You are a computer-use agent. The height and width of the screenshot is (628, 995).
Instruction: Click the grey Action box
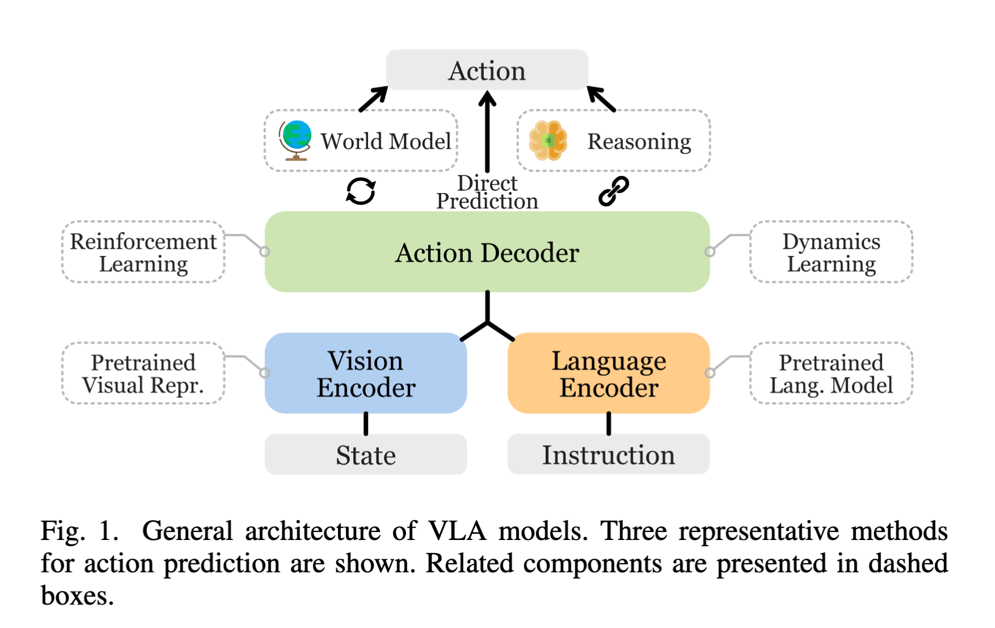pyautogui.click(x=487, y=70)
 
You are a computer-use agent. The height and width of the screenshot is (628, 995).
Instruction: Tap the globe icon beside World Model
pyautogui.click(x=295, y=140)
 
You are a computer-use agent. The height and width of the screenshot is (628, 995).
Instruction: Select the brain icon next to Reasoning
pyautogui.click(x=547, y=140)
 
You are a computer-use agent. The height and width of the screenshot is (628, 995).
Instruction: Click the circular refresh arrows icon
pyautogui.click(x=361, y=191)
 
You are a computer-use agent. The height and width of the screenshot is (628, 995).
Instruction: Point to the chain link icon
pyautogui.click(x=614, y=191)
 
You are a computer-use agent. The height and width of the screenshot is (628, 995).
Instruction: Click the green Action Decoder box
pyautogui.click(x=487, y=252)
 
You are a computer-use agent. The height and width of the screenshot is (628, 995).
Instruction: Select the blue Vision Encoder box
pyautogui.click(x=366, y=373)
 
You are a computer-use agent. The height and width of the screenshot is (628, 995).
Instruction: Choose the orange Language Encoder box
pyautogui.click(x=609, y=373)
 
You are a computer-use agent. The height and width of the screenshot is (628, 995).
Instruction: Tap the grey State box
pyautogui.click(x=366, y=454)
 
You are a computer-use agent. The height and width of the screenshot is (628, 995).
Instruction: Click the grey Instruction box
pyautogui.click(x=609, y=454)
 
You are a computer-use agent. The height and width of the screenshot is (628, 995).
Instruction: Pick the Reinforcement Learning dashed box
pyautogui.click(x=143, y=252)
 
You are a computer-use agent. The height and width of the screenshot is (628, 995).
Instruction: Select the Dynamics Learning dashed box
pyautogui.click(x=831, y=252)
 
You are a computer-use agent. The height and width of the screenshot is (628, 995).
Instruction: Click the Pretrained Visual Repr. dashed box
pyautogui.click(x=143, y=373)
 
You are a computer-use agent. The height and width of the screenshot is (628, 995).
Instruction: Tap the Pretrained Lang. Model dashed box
pyautogui.click(x=831, y=373)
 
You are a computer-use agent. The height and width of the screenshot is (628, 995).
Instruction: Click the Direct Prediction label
pyautogui.click(x=487, y=192)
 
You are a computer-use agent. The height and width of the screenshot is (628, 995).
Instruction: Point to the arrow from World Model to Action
pyautogui.click(x=374, y=99)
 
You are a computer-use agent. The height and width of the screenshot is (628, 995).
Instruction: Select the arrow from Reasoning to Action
pyautogui.click(x=601, y=99)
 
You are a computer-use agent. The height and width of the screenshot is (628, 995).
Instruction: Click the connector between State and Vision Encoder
pyautogui.click(x=366, y=424)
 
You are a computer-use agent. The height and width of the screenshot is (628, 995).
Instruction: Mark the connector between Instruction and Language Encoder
pyautogui.click(x=609, y=424)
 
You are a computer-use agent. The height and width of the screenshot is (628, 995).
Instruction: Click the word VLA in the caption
pyautogui.click(x=457, y=531)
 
